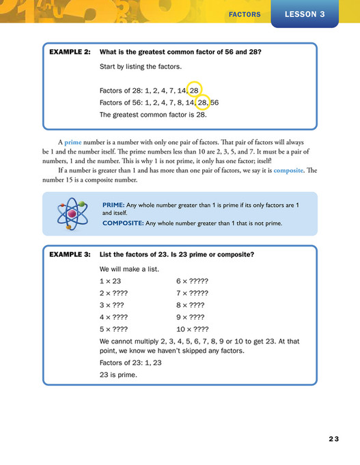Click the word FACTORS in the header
click(x=245, y=14)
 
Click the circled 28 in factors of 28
click(x=194, y=89)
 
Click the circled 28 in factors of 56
click(x=203, y=102)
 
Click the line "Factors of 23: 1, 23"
click(x=130, y=363)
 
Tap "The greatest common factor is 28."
click(x=152, y=115)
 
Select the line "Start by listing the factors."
click(x=142, y=66)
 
